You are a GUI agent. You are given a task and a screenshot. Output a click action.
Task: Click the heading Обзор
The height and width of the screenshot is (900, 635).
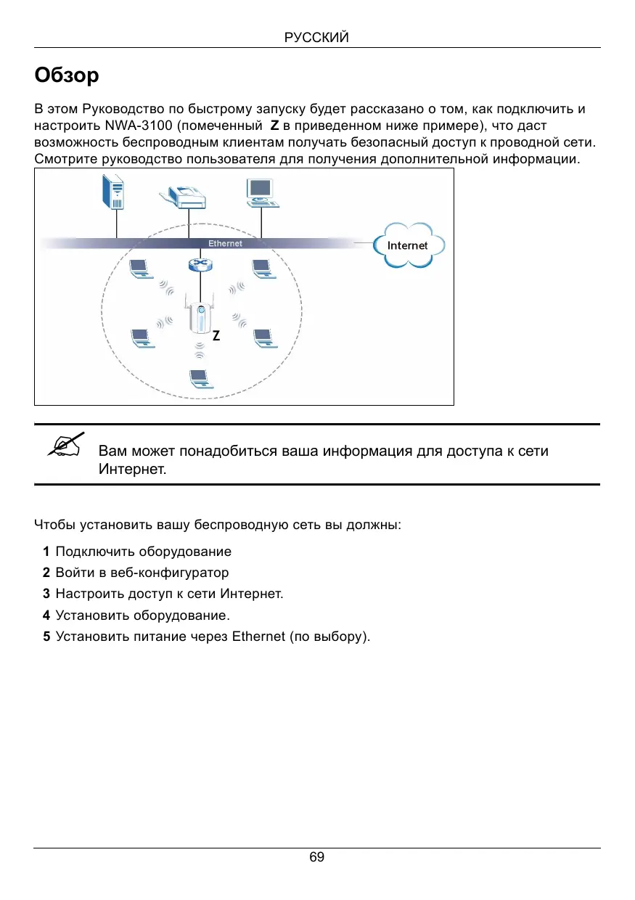coord(67,75)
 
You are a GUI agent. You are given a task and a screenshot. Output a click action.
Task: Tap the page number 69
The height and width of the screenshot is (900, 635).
coord(317,857)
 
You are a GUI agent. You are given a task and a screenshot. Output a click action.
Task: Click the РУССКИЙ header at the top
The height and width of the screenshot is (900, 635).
coord(317,38)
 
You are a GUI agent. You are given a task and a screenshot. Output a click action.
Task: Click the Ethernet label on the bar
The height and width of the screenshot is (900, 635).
coord(225,243)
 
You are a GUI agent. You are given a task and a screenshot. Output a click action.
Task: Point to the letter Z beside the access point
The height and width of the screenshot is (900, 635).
coord(216,337)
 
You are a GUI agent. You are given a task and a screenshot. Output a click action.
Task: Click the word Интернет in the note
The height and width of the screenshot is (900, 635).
coord(132,469)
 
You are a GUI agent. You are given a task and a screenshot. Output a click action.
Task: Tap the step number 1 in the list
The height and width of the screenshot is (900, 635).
coord(46,552)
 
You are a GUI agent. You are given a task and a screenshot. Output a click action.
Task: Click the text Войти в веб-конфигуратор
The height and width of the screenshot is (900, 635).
coord(142,573)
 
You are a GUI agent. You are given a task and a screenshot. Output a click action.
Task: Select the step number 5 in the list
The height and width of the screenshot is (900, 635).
coord(46,637)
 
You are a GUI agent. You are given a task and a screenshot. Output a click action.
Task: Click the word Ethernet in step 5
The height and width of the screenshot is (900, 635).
coord(258,637)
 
